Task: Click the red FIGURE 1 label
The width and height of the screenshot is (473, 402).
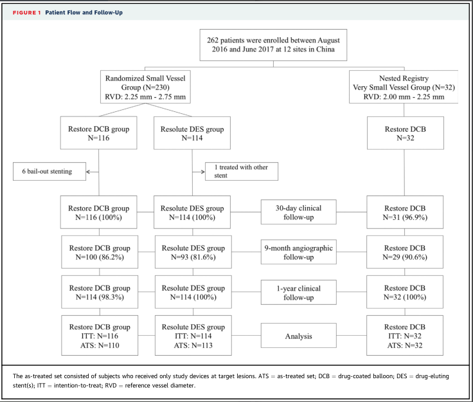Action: point(26,13)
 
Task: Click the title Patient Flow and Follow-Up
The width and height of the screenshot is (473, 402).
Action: point(84,13)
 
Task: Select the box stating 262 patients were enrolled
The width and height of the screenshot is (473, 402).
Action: point(273,45)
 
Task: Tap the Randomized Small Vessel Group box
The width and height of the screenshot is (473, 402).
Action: point(145,87)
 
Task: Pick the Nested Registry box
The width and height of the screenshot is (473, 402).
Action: point(404,87)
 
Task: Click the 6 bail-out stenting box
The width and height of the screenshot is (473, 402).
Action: point(49,172)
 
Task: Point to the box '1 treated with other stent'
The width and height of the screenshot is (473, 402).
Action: point(242,172)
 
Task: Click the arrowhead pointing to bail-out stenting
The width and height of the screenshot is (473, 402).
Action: point(88,172)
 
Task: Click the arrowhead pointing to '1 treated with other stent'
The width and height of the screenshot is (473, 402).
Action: point(203,172)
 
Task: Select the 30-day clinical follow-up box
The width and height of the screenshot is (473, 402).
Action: point(299,212)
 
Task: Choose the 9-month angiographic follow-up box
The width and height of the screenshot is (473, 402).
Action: point(299,252)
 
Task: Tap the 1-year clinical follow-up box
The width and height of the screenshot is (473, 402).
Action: point(299,292)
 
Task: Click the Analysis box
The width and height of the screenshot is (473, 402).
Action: point(299,335)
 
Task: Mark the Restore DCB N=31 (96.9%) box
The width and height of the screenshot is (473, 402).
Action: point(405,212)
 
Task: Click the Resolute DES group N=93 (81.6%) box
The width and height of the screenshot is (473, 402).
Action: point(193,252)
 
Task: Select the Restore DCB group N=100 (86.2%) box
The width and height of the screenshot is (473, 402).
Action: point(100,252)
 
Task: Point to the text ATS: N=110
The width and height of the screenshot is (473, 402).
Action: point(100,345)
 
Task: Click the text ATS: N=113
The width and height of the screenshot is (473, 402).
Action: point(193,345)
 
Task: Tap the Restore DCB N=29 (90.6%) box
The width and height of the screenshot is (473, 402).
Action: point(405,252)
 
